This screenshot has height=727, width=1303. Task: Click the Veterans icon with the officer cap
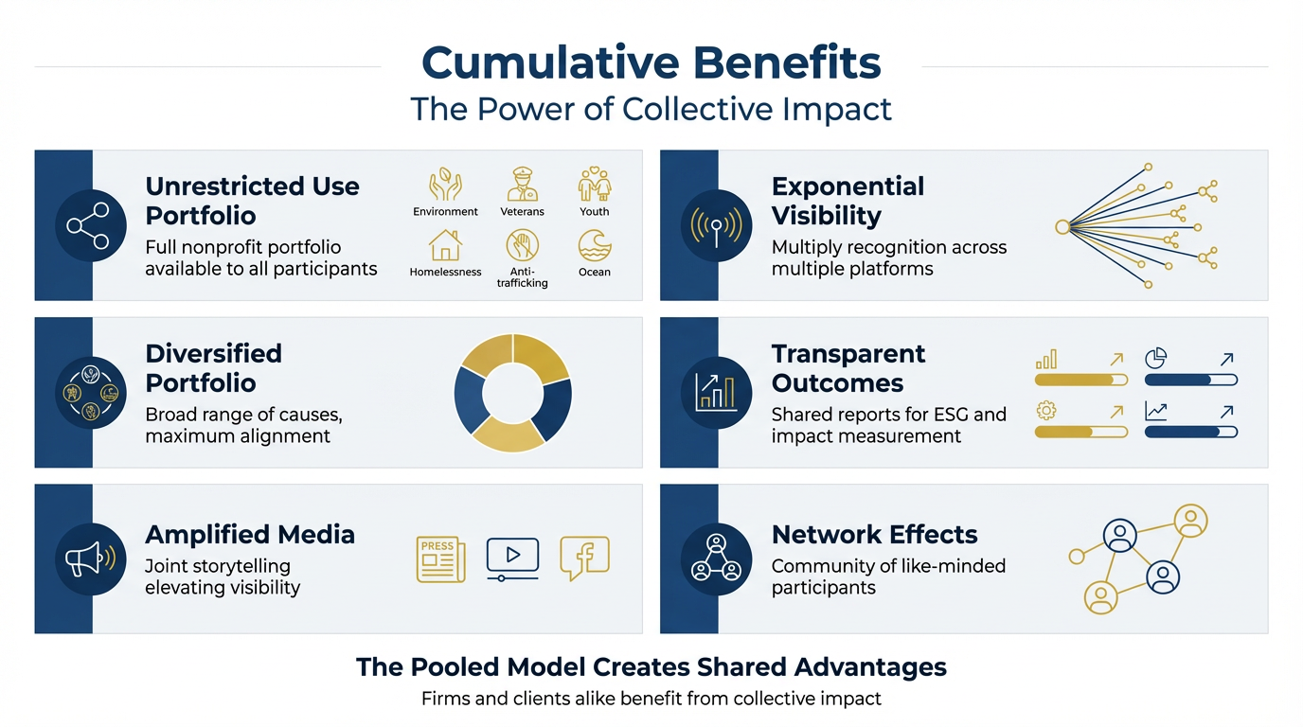click(522, 185)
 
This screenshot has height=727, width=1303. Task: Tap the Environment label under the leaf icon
click(445, 212)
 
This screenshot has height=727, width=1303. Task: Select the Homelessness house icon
click(445, 245)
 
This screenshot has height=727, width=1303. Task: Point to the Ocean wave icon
click(595, 245)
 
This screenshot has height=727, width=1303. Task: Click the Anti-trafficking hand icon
click(522, 246)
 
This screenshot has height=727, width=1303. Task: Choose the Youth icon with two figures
click(595, 185)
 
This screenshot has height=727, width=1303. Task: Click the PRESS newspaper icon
click(440, 559)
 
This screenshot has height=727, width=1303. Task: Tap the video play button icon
click(512, 558)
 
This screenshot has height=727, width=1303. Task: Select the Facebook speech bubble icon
click(584, 558)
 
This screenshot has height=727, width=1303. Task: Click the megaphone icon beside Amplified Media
click(91, 559)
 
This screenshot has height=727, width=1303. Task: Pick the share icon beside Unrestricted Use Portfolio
click(91, 224)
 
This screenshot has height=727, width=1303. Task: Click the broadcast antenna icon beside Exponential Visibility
click(717, 225)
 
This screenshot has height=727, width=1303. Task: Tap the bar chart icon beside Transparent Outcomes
click(717, 392)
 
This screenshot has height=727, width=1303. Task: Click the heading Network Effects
click(874, 535)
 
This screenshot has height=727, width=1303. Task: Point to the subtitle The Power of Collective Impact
click(651, 109)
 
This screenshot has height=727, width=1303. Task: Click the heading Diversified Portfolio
click(213, 368)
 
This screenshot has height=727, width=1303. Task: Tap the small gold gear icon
click(1046, 411)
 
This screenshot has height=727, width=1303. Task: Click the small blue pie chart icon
click(1155, 358)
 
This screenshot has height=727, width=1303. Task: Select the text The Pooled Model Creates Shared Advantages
click(651, 667)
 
